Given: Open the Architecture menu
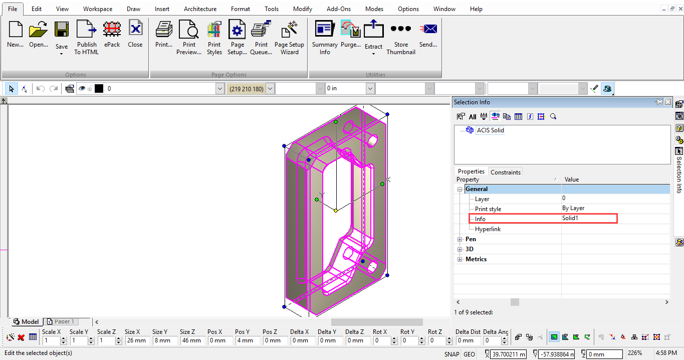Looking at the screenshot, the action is [x=200, y=9].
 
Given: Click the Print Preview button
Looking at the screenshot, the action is [x=189, y=37].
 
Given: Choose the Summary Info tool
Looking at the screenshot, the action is [x=325, y=37].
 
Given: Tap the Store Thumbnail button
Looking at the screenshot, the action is [x=401, y=37].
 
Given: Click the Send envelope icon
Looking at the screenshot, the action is [x=429, y=29].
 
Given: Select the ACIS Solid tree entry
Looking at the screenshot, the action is [x=490, y=130].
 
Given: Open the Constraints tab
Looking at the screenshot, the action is [x=506, y=172].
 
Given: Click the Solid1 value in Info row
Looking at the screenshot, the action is [x=570, y=218].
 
